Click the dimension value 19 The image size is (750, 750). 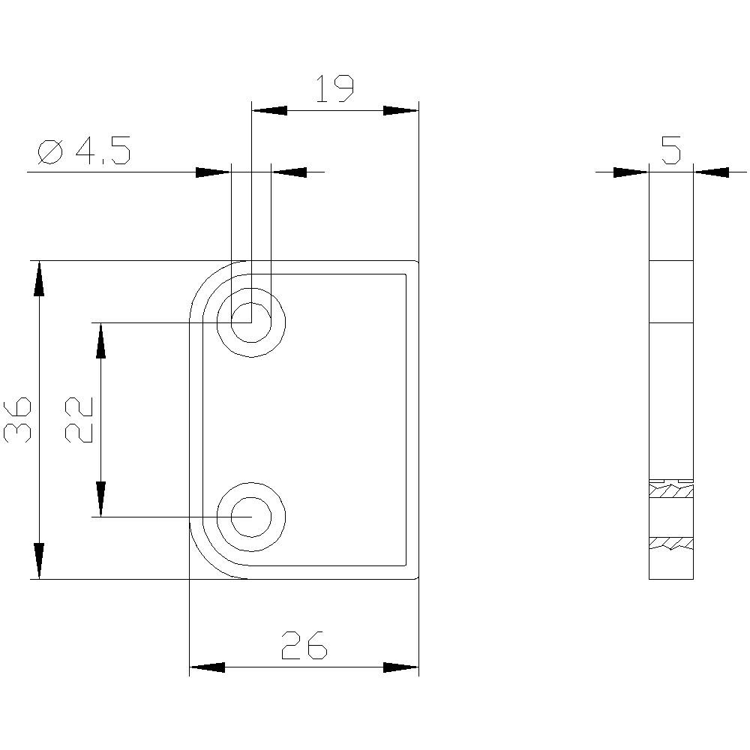coord(334,88)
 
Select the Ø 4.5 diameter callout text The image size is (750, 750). coord(84,152)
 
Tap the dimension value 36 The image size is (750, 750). coord(18,420)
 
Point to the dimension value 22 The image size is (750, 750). coord(78,420)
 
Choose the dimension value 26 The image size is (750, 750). coord(304,645)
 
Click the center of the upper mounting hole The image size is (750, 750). coord(251,322)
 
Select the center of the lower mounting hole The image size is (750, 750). coord(251,517)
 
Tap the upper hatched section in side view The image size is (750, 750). coord(670,492)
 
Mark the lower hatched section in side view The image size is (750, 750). coord(670,542)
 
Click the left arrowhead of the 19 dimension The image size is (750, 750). coord(268,110)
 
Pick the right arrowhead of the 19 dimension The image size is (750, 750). coord(400,110)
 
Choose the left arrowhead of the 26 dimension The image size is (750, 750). coord(207,667)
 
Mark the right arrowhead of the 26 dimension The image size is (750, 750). coord(400,667)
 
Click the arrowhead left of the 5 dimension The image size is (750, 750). coord(630,172)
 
